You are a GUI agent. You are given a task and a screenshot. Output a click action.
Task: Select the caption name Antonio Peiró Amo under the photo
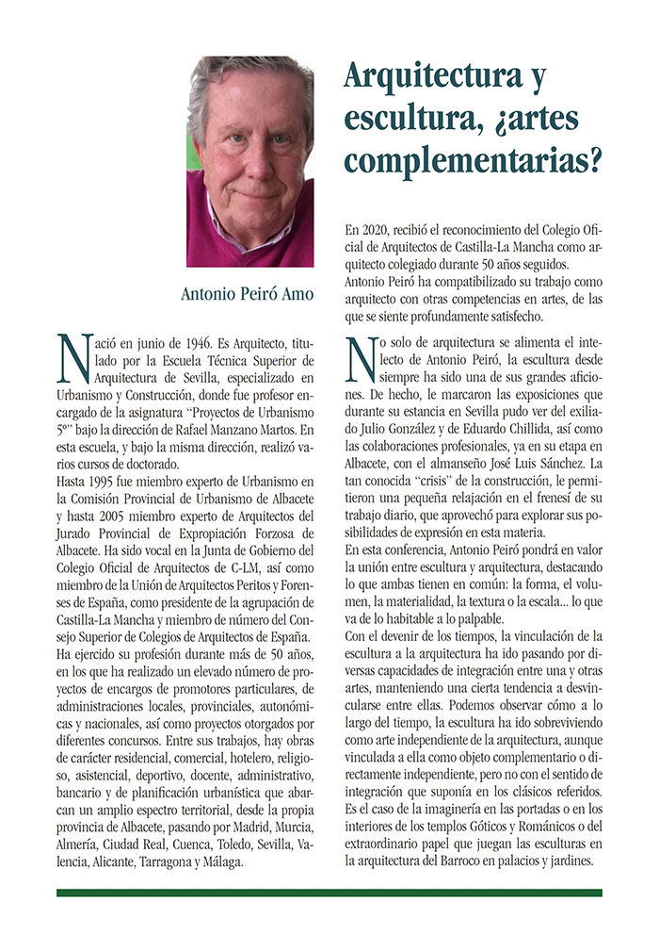pos(248,294)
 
